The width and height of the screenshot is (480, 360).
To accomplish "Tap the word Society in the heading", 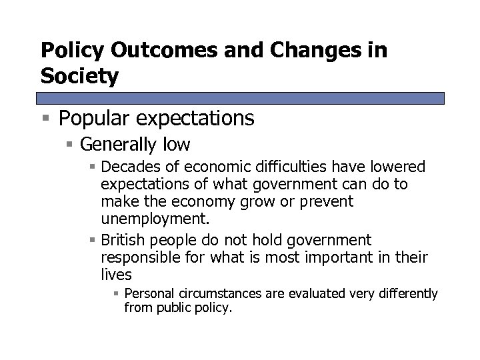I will [x=80, y=77].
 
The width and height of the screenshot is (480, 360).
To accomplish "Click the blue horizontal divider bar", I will [x=242, y=98].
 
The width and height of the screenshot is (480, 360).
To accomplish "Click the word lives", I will [x=116, y=275].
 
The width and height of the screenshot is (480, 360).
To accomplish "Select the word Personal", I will [x=148, y=294].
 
